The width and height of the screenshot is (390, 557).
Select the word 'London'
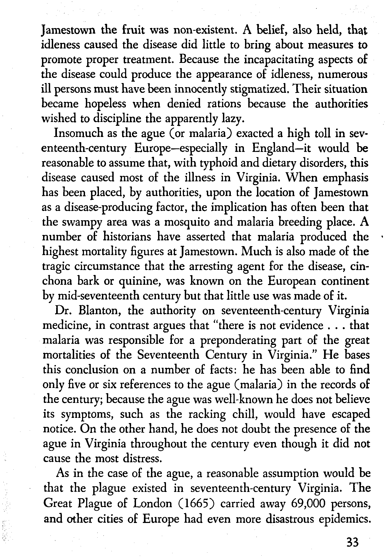coord(152,503)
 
